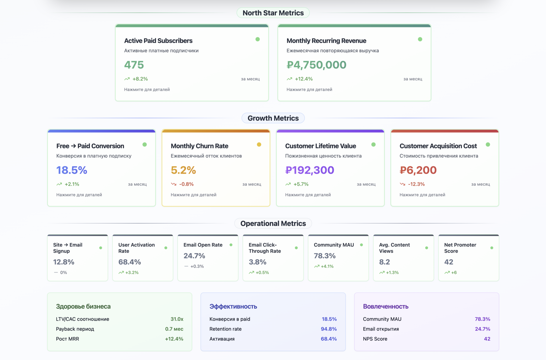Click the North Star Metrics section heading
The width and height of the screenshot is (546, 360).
273,13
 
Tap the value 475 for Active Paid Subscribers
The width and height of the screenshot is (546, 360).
134,65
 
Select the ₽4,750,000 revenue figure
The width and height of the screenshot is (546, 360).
316,65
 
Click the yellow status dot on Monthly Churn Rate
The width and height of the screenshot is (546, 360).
259,144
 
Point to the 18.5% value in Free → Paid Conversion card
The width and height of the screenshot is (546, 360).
71,170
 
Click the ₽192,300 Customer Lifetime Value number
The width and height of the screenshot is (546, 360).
309,170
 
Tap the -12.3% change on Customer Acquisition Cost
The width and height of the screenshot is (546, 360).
416,184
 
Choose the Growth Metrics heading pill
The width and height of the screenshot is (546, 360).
273,118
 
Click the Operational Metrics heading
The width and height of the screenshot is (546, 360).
273,223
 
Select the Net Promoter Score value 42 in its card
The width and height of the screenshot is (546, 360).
448,262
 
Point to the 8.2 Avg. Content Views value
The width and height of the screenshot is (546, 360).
384,262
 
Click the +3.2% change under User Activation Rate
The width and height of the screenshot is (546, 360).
132,273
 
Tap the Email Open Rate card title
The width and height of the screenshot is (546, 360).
203,245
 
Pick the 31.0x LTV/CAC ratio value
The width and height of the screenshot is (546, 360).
177,319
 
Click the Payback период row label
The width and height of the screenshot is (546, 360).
75,329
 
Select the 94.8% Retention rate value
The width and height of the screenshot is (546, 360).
329,329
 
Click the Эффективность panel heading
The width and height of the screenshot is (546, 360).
233,306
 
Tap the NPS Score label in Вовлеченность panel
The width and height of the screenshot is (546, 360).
375,339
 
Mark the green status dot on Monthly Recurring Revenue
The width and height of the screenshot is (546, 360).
420,39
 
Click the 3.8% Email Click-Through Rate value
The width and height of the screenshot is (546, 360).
257,262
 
